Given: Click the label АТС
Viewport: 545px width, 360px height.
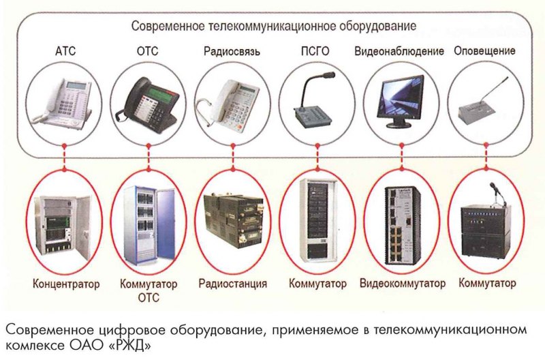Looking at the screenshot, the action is (x=65, y=51).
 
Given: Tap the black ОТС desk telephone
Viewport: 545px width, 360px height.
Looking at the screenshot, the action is (x=149, y=101).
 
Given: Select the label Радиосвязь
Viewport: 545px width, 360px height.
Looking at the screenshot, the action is (x=232, y=52).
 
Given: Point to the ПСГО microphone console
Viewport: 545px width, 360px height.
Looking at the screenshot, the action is (x=313, y=102).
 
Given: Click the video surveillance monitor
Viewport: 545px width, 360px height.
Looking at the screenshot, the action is (x=401, y=101).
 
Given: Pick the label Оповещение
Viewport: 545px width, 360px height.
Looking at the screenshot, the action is (x=484, y=50).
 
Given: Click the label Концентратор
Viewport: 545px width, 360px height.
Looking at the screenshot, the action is (x=66, y=284).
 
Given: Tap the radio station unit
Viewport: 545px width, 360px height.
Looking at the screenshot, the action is (x=234, y=220).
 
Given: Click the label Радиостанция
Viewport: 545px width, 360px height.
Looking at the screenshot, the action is (x=232, y=284).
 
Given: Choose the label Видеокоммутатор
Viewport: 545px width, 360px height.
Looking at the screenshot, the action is (x=402, y=283).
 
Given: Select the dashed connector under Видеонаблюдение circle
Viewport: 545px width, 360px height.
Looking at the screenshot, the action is (x=402, y=157).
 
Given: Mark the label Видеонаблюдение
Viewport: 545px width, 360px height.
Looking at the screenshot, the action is (x=399, y=51).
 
